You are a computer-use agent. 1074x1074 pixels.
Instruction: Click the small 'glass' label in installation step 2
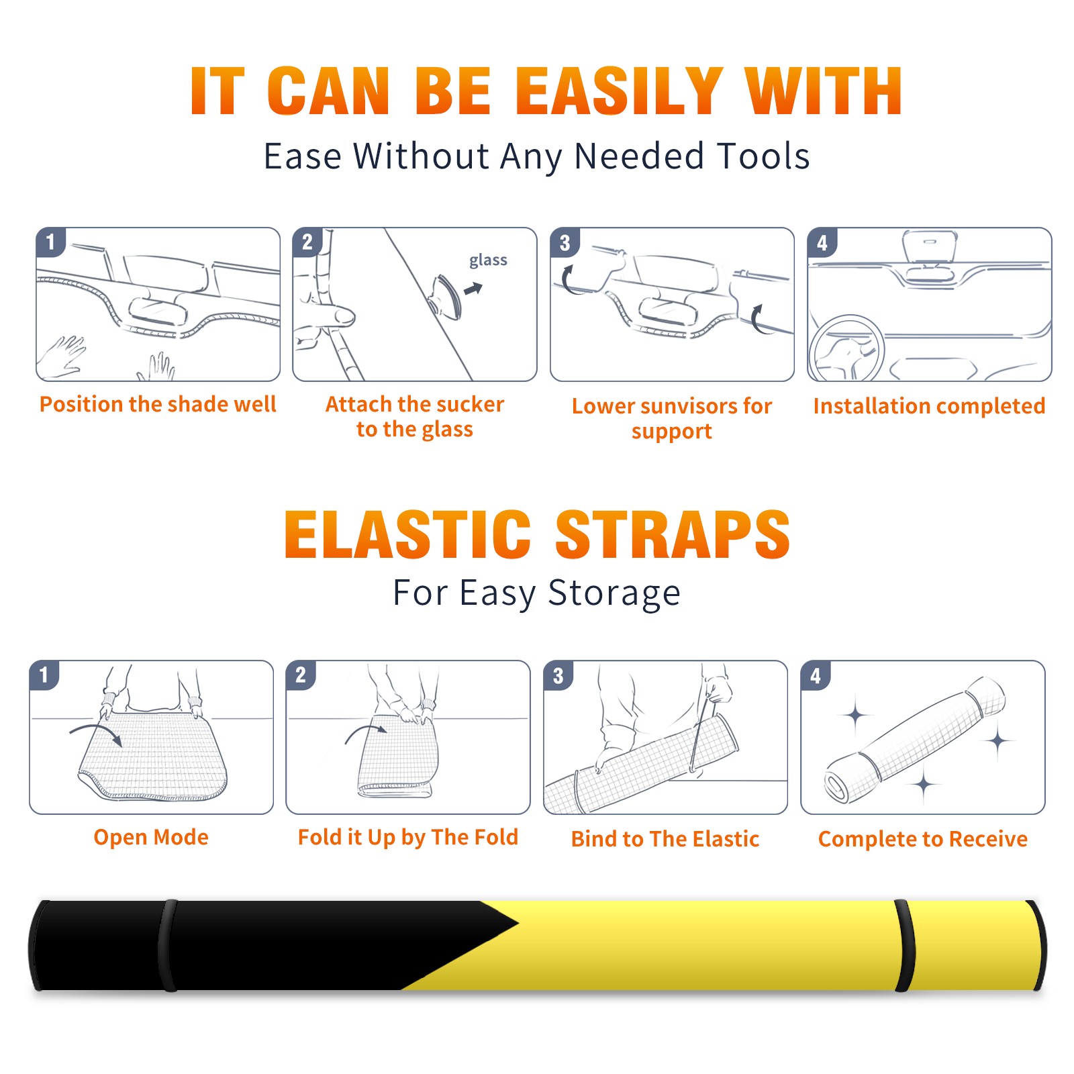click(488, 260)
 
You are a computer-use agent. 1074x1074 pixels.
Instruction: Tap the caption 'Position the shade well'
click(158, 404)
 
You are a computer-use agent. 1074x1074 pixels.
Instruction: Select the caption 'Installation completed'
click(929, 406)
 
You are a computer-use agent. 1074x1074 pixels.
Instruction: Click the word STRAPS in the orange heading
click(673, 534)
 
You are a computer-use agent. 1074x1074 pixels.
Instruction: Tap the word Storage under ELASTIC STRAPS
click(614, 593)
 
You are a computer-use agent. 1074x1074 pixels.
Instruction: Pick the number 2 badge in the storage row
click(301, 675)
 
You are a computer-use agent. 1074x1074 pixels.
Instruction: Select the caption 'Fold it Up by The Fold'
click(408, 837)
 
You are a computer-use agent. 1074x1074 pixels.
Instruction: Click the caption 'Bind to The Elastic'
click(665, 839)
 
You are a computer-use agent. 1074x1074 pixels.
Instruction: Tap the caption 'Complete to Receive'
click(923, 839)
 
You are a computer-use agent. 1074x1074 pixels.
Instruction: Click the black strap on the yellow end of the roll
click(904, 946)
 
